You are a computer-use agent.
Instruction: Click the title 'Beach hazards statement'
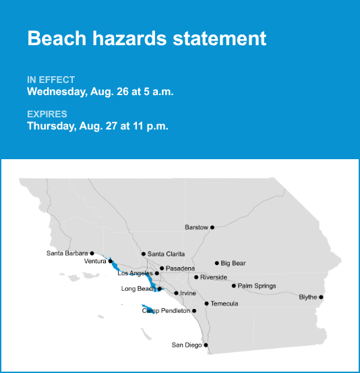(x=147, y=38)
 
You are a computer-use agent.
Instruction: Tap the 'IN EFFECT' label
(x=51, y=80)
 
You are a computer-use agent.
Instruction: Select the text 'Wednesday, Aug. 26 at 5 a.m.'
(x=100, y=92)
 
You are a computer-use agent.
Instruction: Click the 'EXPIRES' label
(x=47, y=114)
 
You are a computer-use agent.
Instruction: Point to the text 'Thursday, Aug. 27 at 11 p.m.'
(x=98, y=126)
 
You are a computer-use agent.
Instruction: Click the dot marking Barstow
(x=212, y=227)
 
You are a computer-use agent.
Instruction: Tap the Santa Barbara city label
(x=67, y=253)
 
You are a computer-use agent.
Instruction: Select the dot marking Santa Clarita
(x=144, y=254)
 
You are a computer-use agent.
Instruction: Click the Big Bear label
(x=233, y=263)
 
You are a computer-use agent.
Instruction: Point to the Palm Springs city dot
(x=234, y=286)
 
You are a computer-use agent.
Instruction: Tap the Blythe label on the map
(x=307, y=297)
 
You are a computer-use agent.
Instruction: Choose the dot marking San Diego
(x=206, y=345)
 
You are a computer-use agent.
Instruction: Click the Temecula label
(x=224, y=304)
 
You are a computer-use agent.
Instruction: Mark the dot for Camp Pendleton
(x=194, y=311)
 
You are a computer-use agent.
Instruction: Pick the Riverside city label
(x=213, y=277)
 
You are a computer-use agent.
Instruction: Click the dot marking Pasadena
(x=162, y=268)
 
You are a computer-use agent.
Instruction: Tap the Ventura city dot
(x=111, y=261)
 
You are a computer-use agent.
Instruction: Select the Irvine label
(x=188, y=293)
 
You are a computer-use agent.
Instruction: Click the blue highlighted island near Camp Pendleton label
(x=148, y=309)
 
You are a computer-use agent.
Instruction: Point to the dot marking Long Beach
(x=160, y=289)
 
